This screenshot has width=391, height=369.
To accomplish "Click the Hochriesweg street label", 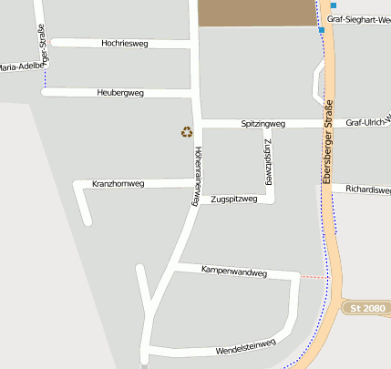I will click(x=126, y=43).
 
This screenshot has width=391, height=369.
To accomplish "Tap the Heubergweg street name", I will click(x=120, y=93).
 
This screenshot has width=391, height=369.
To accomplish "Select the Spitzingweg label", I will click(x=263, y=123).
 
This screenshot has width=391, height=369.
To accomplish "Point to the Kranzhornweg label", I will click(x=118, y=184).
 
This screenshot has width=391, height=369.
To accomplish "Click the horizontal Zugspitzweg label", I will click(x=234, y=199).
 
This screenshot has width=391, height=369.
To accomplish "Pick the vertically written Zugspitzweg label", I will click(x=270, y=162).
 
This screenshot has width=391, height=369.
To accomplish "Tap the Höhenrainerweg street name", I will click(x=197, y=177).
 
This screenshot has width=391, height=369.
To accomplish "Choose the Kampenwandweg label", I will click(x=234, y=272).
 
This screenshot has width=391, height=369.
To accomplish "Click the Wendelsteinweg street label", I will click(x=246, y=347).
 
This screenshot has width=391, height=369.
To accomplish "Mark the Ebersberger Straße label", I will click(x=328, y=142).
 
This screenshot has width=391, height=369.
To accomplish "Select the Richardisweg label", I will click(x=368, y=190).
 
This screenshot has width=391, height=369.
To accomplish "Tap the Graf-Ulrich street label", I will click(x=368, y=122).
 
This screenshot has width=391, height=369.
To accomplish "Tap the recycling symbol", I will click(x=187, y=132).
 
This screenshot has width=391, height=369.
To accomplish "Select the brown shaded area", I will click(x=256, y=12).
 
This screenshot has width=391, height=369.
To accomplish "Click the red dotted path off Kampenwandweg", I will click(x=314, y=276).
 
